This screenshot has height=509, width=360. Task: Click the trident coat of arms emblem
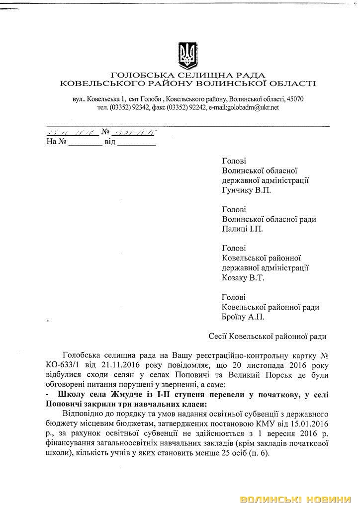187,54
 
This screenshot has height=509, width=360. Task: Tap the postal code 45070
293,99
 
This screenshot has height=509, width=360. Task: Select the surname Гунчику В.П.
247,190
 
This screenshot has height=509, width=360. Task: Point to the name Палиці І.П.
242,229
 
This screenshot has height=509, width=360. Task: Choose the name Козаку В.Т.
243,277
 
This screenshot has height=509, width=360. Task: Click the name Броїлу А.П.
243,316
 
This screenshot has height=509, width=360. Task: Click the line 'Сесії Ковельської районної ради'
268,337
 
